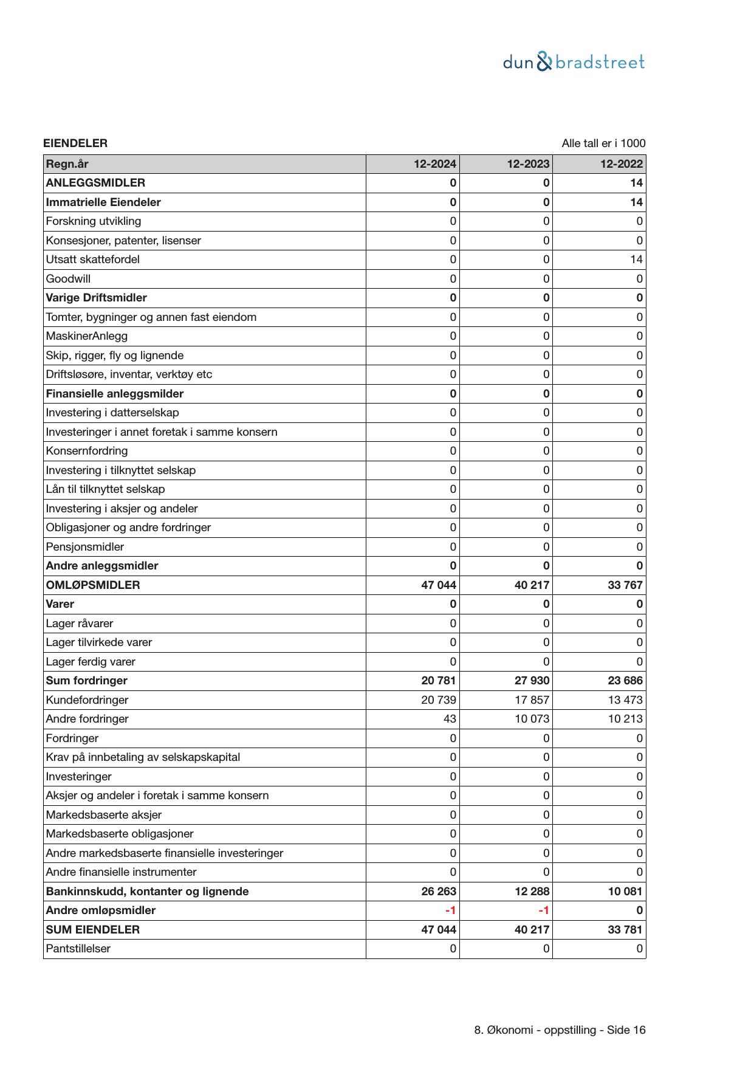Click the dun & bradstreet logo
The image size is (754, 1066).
574,62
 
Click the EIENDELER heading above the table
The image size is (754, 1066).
75,143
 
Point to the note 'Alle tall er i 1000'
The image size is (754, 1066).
603,143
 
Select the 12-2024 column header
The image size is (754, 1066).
435,164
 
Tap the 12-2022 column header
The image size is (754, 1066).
621,164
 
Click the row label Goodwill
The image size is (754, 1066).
68,279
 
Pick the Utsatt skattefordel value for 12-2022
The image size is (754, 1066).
636,260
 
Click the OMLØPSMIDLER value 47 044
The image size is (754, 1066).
439,585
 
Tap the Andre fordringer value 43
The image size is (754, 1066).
450,719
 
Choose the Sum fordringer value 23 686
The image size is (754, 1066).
625,681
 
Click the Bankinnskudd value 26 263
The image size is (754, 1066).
439,892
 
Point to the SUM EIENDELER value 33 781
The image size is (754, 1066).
625,930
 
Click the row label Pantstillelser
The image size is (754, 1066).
78,949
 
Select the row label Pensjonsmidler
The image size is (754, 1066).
85,547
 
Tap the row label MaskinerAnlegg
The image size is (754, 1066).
87,336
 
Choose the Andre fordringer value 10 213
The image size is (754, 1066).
625,719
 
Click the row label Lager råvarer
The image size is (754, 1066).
80,624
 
